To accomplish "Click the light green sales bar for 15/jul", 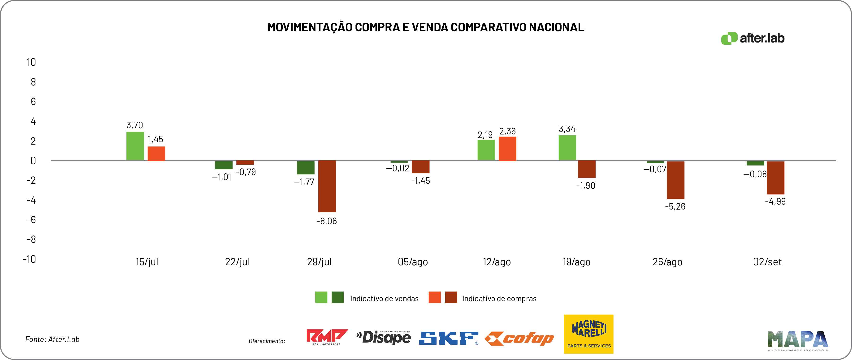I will click(x=135, y=146).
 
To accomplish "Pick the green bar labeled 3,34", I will click(x=567, y=148).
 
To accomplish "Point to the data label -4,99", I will click(x=775, y=201).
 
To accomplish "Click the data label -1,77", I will click(x=304, y=182).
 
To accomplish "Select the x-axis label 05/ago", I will click(x=413, y=262).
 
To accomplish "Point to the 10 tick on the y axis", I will click(x=31, y=62).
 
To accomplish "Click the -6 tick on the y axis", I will click(x=31, y=219).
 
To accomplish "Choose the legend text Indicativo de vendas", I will click(x=384, y=299).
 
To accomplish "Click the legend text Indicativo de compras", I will click(x=499, y=299).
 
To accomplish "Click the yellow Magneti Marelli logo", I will click(x=588, y=334).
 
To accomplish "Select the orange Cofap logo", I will click(x=519, y=339).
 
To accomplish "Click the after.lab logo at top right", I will click(x=753, y=38).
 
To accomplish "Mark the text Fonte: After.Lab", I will click(x=52, y=339).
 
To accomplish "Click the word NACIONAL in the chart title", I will click(x=556, y=27).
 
